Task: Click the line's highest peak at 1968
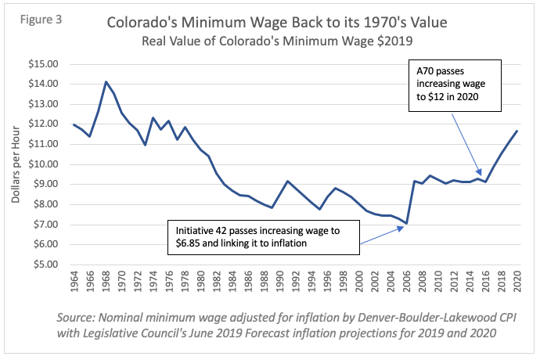tap(106, 81)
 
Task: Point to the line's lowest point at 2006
tap(406, 223)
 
